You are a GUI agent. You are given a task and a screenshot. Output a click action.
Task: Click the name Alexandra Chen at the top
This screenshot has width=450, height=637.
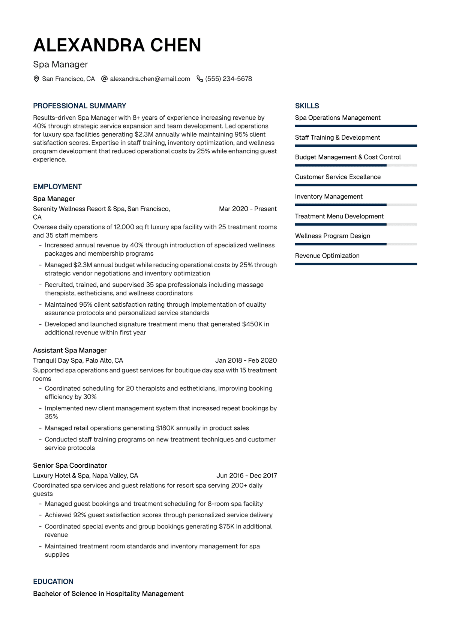[x=117, y=45]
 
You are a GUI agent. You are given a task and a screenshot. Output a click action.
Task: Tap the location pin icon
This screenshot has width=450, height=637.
[x=36, y=79]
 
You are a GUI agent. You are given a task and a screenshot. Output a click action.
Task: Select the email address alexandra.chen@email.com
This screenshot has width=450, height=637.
[x=150, y=79]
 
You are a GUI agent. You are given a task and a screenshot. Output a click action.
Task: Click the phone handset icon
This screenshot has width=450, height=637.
[x=200, y=79]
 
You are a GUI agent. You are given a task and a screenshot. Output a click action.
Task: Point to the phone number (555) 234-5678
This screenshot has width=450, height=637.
[x=228, y=79]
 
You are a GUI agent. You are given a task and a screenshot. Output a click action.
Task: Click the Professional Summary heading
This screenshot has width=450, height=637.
[x=79, y=106]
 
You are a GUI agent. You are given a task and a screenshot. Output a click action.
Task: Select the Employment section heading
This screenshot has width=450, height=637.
[x=57, y=187]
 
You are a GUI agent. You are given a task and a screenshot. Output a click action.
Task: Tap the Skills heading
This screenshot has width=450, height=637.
[x=307, y=106]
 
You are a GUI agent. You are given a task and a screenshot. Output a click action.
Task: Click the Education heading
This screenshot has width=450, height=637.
[x=53, y=581]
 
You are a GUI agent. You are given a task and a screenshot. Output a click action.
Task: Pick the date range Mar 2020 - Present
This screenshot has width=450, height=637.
[x=247, y=209]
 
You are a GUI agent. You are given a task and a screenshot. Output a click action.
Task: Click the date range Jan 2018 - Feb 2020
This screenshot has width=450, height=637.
[x=246, y=360]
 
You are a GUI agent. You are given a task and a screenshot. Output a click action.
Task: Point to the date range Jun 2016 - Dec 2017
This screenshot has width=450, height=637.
[x=246, y=476]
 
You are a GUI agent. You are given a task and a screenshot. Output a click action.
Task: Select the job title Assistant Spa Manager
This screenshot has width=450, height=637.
[x=70, y=350]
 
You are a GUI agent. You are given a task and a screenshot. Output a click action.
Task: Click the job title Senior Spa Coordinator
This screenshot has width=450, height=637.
[x=70, y=465]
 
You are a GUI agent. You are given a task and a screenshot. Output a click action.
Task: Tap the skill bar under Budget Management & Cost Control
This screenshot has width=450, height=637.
[x=355, y=165]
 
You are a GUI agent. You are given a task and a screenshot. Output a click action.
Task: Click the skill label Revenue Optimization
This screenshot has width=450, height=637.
[x=327, y=256]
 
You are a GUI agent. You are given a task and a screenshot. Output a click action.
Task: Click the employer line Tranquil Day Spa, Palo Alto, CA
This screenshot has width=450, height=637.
[x=78, y=360]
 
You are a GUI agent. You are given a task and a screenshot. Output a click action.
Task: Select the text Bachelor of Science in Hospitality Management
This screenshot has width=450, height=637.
[x=108, y=593]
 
